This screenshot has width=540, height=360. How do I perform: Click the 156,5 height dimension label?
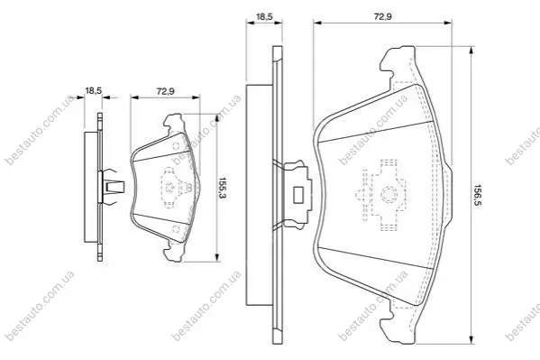(477, 195)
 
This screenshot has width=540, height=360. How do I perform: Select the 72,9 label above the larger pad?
(382, 16)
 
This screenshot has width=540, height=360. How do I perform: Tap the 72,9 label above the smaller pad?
(166, 91)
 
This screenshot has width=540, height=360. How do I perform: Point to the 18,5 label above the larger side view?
(264, 16)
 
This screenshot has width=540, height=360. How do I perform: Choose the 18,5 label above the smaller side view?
(94, 91)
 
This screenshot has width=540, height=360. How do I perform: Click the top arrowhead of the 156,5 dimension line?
(471, 50)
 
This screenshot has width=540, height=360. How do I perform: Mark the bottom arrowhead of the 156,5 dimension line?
(471, 339)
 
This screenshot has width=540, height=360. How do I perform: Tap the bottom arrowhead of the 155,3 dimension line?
(217, 257)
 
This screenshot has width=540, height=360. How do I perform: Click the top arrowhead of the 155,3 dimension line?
(217, 118)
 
